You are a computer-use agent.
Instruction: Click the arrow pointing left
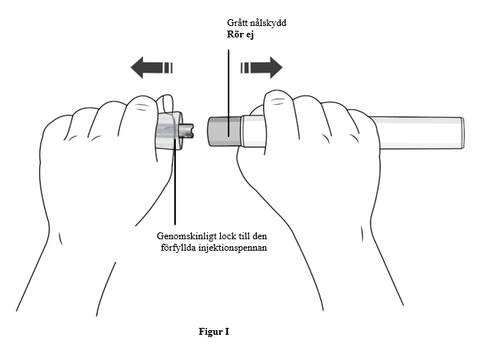coord(151,67)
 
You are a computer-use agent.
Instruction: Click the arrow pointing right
coord(261,67)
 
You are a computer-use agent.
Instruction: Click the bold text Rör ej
coord(240,34)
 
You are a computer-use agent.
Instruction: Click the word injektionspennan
coord(232,248)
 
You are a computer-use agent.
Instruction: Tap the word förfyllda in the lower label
coord(178,248)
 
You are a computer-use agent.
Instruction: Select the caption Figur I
coord(214,332)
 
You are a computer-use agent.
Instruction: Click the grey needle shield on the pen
coord(225,131)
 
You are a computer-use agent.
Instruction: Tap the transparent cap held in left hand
coord(168,131)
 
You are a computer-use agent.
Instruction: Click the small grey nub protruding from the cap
coord(187,131)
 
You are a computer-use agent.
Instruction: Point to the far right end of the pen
coord(463,133)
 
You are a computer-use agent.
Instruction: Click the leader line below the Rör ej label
coord(229,92)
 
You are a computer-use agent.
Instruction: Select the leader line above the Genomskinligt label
coord(175,182)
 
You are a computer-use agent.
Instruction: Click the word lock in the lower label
coord(226,236)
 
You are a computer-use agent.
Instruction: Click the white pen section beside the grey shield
coord(254,131)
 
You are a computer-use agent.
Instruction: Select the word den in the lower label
coord(261,236)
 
